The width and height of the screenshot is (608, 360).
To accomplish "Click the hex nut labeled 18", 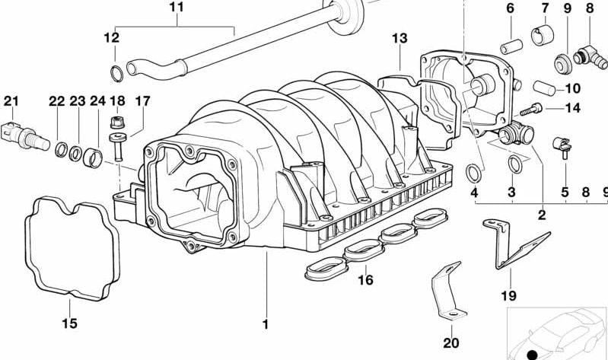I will click(116, 122).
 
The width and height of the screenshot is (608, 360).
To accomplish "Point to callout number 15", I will click(69, 325).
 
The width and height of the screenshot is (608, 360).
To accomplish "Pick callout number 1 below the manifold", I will click(266, 325).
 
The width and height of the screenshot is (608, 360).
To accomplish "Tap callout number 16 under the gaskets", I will click(365, 280).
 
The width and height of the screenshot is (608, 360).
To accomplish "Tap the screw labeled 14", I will click(536, 109).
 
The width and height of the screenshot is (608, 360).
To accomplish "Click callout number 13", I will click(400, 38).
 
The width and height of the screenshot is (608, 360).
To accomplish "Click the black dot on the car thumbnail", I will click(532, 355).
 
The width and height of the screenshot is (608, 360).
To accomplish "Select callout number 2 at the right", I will click(542, 215).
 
